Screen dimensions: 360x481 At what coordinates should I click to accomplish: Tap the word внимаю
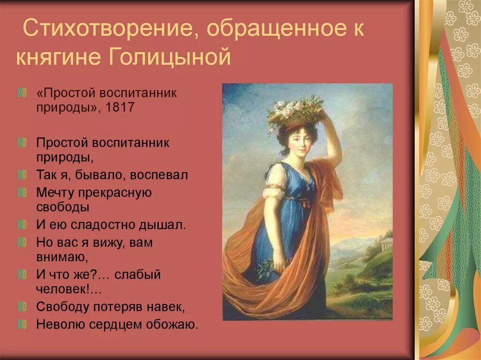[63, 257]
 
